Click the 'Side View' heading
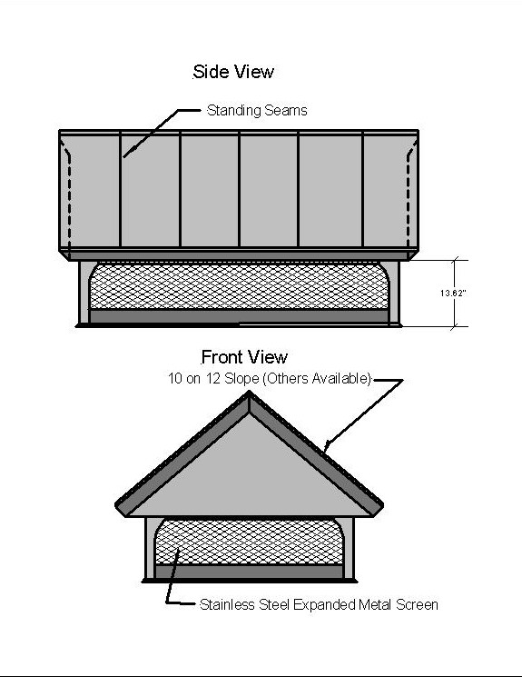coord(233,72)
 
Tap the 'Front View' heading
coord(244,357)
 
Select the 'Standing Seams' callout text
coord(257,111)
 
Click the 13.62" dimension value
coord(453,294)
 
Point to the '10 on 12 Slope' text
coord(213,379)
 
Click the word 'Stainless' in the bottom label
coord(227,604)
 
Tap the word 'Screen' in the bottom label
coord(417,604)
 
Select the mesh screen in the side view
coord(239,286)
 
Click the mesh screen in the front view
coord(249,542)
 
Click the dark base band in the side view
coord(239,316)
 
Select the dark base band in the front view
coord(249,572)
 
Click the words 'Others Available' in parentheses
coord(317,379)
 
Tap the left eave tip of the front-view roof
coord(115,503)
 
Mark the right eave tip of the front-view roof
coord(383,503)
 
